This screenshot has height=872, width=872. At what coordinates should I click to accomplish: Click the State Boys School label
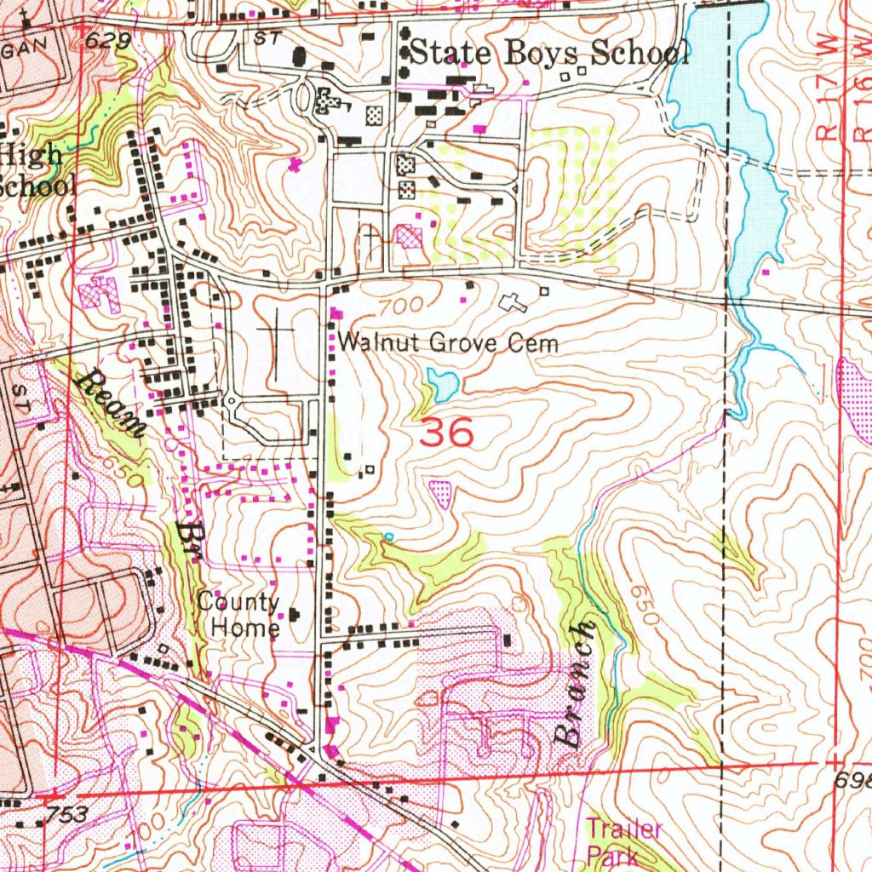coord(549,53)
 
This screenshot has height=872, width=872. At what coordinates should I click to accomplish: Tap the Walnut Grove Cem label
coord(448,343)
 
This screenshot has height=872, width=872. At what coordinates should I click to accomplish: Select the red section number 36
coord(447,434)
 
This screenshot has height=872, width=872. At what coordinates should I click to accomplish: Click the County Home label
coord(239,615)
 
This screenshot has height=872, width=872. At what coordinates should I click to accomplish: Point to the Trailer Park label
coord(623,841)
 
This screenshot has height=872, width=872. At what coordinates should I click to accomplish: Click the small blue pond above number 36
coord(443,385)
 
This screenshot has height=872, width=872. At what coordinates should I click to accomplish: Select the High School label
coord(32,169)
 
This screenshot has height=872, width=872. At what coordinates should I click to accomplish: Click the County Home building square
coord(295,614)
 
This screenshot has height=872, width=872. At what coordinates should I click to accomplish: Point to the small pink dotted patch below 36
coord(441,492)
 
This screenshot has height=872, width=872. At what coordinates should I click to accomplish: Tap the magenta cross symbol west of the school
coord(295,163)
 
